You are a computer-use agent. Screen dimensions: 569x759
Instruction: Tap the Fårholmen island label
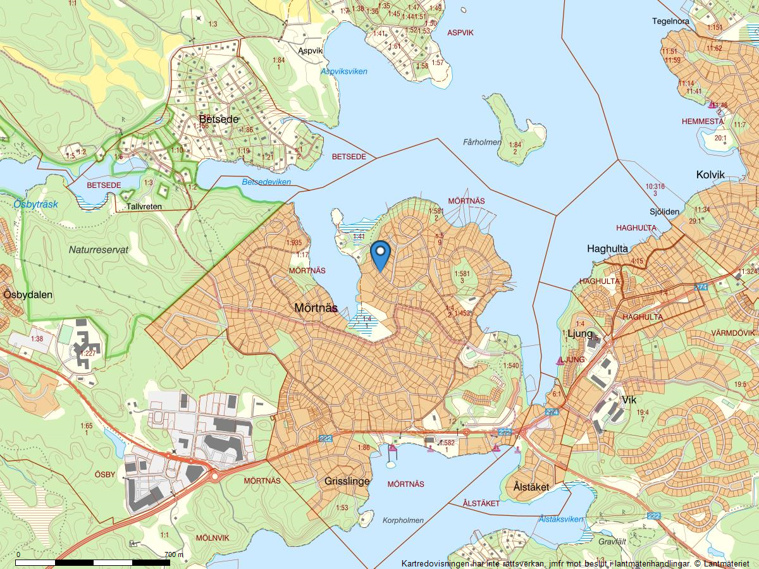pos(482,142)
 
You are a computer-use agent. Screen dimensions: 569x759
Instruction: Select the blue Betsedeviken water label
pos(266,182)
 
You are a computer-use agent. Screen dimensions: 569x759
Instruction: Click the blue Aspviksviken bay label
pos(344,71)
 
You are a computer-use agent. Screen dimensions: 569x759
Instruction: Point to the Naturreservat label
pos(99,250)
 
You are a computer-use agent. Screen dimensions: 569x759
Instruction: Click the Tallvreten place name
pos(144,207)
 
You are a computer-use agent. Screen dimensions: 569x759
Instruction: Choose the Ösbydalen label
pos(28,295)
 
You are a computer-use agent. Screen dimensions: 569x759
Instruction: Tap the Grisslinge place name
pos(347,482)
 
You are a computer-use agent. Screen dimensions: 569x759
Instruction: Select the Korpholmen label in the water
pos(403,520)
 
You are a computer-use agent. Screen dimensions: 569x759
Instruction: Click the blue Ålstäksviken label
pos(561,519)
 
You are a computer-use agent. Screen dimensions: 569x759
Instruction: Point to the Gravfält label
pos(612,542)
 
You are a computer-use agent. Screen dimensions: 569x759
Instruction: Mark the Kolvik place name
pos(710,175)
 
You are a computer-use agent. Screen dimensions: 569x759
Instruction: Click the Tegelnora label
pos(671,21)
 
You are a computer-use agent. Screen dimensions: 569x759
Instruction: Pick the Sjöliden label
pos(664,212)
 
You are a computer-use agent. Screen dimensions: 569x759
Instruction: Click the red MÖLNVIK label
pos(213,537)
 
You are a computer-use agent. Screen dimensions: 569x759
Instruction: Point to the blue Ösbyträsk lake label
pos(35,204)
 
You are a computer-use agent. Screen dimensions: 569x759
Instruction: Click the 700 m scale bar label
pos(173,554)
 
